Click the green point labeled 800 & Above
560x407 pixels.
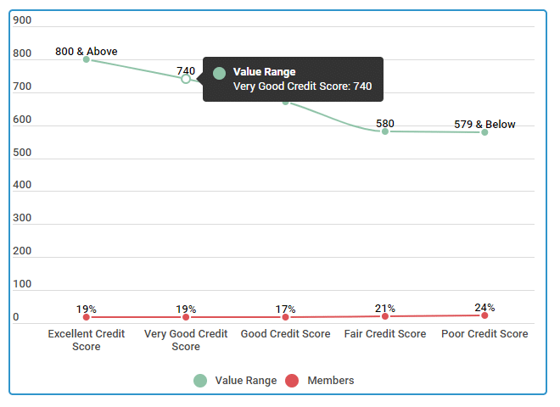coord(87,59)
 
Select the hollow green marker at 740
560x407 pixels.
coord(186,79)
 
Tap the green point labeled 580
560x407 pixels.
coord(385,131)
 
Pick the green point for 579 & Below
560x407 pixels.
coord(484,132)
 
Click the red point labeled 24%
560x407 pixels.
coord(484,315)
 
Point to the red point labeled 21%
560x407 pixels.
coord(385,316)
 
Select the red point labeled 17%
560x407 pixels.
coord(285,317)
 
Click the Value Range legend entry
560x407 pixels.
coord(235,381)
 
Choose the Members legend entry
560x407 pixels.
coord(319,381)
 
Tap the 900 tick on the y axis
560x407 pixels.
coord(22,20)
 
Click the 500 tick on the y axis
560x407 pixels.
coord(22,153)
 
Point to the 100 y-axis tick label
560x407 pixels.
coord(22,284)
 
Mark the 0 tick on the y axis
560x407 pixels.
coord(16,317)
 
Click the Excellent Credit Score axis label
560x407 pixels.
coord(87,340)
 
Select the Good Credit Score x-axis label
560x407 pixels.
coord(285,334)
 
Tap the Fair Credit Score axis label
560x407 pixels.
coord(385,334)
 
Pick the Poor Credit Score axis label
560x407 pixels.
coord(484,334)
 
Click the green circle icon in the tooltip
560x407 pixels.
coord(219,74)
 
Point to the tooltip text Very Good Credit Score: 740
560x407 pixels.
coord(302,86)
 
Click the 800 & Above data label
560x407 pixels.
coord(87,52)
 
